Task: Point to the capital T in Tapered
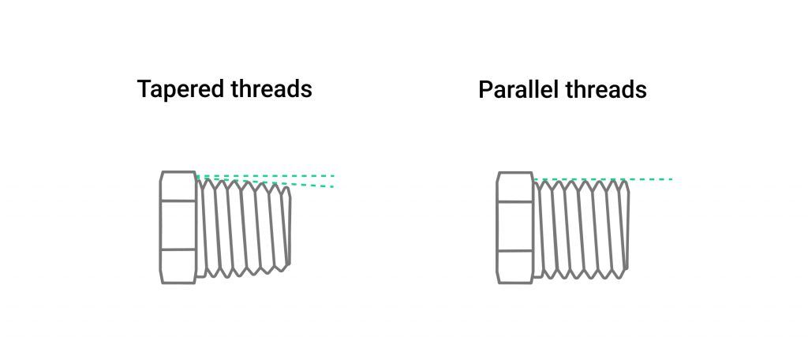click(144, 89)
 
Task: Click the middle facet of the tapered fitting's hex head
click(178, 225)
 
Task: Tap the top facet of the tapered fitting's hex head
click(178, 186)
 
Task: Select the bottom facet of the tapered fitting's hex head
click(178, 266)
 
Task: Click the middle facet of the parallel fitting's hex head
click(515, 225)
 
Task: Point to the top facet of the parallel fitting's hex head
click(515, 186)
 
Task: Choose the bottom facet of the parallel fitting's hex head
click(515, 266)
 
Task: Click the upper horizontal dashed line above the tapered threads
click(300, 175)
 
